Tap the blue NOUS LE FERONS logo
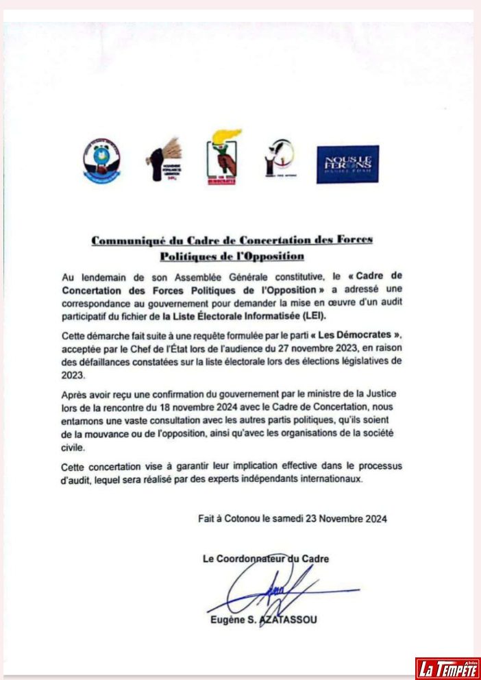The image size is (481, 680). click(347, 165)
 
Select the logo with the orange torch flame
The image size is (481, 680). click(223, 158)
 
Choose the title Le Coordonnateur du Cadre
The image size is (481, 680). click(265, 559)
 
